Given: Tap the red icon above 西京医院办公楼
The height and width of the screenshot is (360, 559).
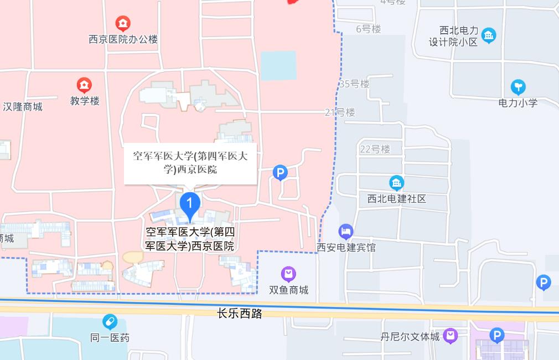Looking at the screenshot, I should (x=123, y=24).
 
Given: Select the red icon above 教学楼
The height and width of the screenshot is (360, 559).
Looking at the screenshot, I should (x=84, y=85).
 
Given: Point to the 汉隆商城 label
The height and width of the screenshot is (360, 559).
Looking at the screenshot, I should (x=23, y=106).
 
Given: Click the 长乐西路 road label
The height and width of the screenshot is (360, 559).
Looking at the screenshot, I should (x=240, y=313).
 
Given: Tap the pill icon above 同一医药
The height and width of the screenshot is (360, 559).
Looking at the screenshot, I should (x=110, y=321).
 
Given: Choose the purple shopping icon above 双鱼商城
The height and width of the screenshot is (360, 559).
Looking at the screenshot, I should (x=288, y=274).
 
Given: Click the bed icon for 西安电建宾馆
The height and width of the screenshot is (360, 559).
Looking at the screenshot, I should (x=346, y=231).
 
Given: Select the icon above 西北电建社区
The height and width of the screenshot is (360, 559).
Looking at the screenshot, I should (x=396, y=183).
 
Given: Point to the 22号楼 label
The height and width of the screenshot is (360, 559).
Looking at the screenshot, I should (x=375, y=149).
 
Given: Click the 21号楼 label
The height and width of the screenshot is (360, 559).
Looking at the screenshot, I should (x=340, y=112).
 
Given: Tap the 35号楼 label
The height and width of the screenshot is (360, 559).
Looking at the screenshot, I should (x=354, y=84).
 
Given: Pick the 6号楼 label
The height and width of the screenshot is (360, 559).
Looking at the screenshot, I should (x=369, y=29).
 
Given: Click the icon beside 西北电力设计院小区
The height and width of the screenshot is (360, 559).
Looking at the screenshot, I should (x=488, y=36).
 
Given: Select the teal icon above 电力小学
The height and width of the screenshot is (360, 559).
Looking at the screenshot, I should (x=518, y=87).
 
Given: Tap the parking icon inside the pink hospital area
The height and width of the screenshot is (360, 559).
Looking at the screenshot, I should (x=281, y=173).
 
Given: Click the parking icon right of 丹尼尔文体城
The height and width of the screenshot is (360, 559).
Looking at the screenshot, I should (x=497, y=335).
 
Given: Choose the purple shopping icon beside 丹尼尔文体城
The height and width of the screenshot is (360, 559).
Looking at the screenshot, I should (x=451, y=336).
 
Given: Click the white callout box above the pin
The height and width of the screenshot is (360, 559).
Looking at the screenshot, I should (x=190, y=163).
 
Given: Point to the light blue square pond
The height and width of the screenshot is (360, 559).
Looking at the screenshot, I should (x=278, y=65).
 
